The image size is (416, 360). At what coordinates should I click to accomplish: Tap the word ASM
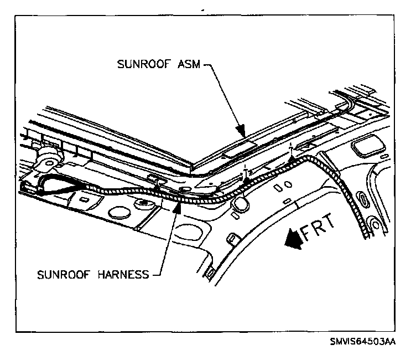[x=186, y=63]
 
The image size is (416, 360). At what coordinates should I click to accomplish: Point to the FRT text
[x=320, y=226]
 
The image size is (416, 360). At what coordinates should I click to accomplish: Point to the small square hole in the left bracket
[x=85, y=198]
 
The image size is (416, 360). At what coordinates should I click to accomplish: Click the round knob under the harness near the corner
[x=241, y=204]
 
